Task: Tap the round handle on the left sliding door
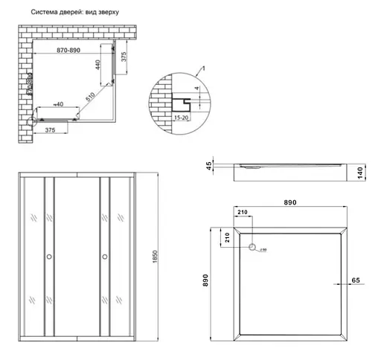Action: tap(48, 257)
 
